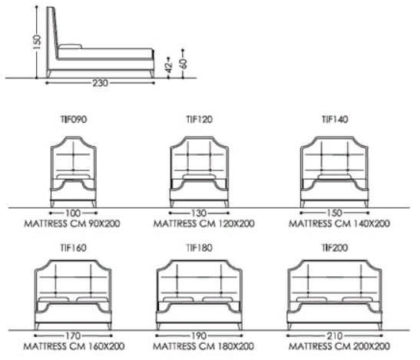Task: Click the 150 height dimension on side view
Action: coord(38,41)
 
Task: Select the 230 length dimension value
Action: coord(101,83)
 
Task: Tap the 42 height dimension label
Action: coord(168,68)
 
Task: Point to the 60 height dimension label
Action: coord(184,63)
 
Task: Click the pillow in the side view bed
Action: coord(70,47)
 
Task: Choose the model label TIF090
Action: coord(74,120)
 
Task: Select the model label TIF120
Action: coord(200,120)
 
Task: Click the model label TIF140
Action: coord(335,120)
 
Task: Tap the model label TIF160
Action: coord(74,248)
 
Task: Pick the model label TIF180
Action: coord(200,248)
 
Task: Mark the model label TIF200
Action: coord(335,248)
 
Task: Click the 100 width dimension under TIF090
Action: coord(73,213)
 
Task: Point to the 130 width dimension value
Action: coord(200,213)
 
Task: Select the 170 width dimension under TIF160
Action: coord(73,335)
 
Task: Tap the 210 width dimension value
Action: coord(335,335)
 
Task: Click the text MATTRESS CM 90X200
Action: coord(72,223)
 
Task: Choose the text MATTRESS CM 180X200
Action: coord(203,346)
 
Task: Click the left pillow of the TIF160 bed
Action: coord(54,299)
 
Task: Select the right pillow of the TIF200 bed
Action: coord(358,299)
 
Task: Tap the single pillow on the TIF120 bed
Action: coord(199,177)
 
